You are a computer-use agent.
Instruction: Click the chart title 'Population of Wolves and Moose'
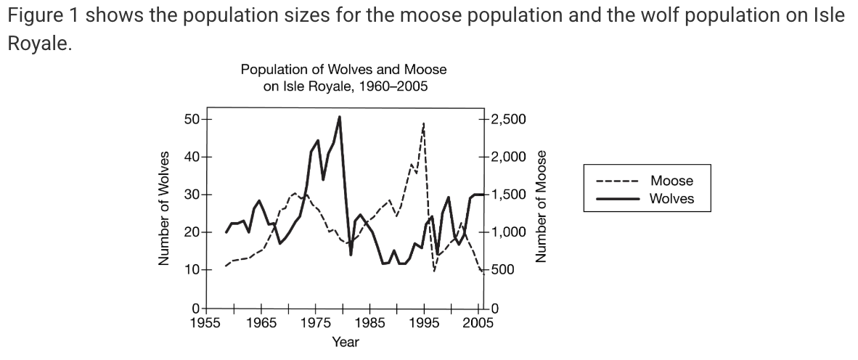click(x=343, y=70)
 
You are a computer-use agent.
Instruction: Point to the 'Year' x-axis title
click(x=345, y=342)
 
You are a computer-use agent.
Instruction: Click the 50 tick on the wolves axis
click(x=194, y=119)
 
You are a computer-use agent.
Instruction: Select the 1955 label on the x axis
click(x=205, y=323)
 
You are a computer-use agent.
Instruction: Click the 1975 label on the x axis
click(x=315, y=323)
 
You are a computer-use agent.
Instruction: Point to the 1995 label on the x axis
click(x=424, y=323)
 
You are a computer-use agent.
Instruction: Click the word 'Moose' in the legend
click(x=671, y=181)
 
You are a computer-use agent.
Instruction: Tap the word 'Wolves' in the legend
click(x=671, y=198)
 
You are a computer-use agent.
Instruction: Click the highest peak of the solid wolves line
click(x=340, y=117)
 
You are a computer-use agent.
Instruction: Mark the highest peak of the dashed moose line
click(x=423, y=124)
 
